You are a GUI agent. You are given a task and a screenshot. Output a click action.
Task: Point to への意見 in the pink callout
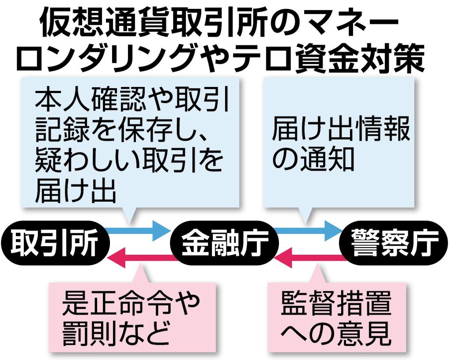tap(335, 334)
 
